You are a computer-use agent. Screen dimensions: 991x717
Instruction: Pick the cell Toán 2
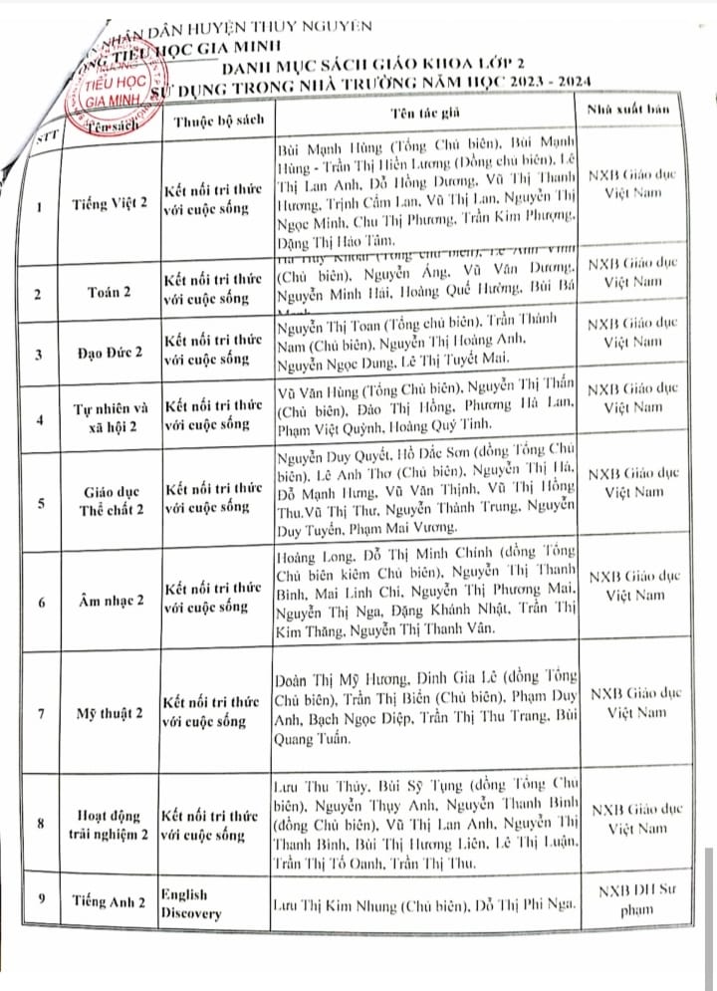click(111, 295)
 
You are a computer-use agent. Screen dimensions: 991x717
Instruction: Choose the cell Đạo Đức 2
click(111, 353)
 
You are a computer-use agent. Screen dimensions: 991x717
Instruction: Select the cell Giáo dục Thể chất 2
click(111, 503)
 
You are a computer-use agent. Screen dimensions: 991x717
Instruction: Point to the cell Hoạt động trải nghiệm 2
click(111, 826)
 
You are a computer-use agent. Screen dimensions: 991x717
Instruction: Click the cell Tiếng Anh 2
click(111, 901)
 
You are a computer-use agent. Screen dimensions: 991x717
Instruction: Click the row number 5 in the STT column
click(40, 503)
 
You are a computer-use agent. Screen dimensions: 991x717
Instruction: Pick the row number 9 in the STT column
click(41, 899)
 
